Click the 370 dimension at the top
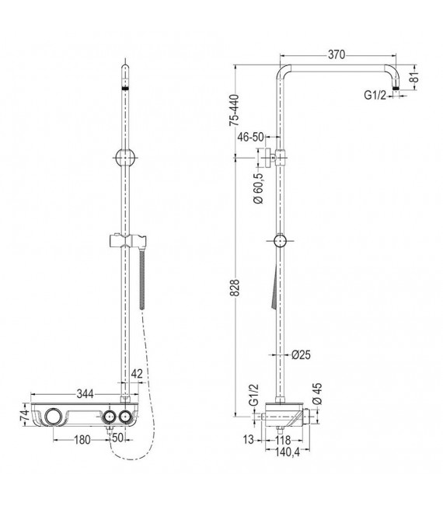[336, 54]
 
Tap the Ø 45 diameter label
[316, 393]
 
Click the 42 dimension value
[137, 374]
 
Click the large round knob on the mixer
[55, 417]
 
